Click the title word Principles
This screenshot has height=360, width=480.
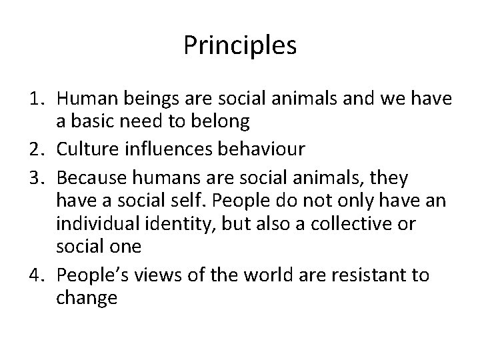[240, 47]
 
